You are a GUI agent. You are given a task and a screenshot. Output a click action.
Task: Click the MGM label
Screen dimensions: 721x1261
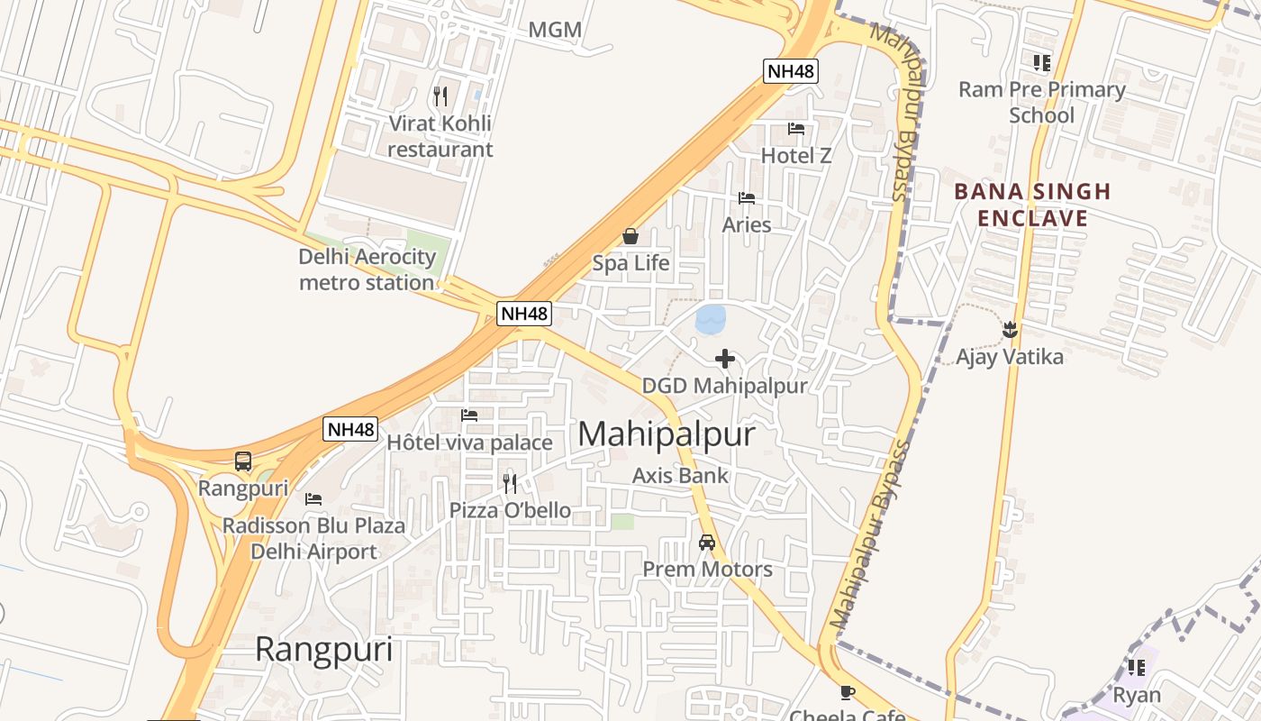554,30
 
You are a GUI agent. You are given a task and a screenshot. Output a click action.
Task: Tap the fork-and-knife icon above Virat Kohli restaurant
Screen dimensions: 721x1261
440,96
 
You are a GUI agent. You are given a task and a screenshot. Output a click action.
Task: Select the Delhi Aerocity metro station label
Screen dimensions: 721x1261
367,269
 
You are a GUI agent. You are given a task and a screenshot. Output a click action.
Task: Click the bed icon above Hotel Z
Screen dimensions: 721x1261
796,128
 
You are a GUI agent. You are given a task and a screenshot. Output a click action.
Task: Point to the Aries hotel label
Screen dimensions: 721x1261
747,224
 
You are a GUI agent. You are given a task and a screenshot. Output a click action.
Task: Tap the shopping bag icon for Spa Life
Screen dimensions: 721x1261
630,237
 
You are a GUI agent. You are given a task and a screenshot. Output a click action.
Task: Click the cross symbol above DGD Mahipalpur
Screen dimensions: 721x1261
725,359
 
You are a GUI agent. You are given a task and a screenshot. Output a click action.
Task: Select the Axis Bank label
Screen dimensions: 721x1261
680,475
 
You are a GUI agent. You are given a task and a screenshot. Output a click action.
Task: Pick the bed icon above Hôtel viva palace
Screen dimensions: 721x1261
469,415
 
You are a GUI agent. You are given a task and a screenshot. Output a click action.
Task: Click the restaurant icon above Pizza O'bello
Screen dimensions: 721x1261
510,484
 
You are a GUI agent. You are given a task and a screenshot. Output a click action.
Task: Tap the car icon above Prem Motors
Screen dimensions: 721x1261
707,543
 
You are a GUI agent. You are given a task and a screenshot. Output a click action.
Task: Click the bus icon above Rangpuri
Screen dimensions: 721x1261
243,461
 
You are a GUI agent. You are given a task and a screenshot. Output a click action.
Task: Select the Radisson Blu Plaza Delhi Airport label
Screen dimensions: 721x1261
313,538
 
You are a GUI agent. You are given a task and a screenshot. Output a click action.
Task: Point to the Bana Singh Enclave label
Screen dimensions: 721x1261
1032,205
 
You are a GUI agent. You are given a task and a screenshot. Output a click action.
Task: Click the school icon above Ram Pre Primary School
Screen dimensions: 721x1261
1041,63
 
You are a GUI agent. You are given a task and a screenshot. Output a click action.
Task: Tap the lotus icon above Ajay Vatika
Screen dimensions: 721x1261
1010,330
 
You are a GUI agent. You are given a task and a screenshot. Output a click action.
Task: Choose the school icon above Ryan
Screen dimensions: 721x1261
1137,668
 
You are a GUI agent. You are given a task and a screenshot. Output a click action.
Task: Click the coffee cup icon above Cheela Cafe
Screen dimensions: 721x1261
847,692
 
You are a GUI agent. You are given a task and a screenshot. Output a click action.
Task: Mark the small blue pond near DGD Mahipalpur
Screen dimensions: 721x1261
711,318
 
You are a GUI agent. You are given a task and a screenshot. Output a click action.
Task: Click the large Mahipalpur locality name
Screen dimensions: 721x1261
667,434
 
